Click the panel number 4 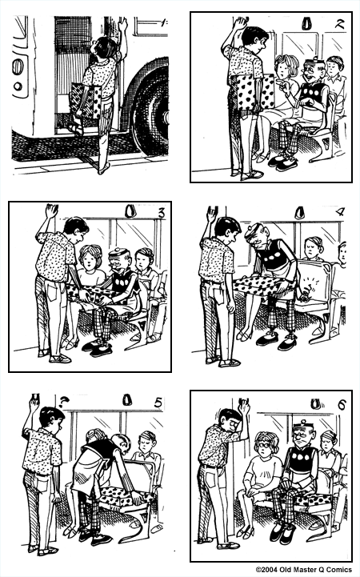click(x=339, y=213)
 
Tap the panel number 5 click(x=159, y=402)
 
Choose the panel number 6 click(x=341, y=404)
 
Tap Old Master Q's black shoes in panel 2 click(x=282, y=162)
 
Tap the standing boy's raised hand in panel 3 click(x=51, y=213)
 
